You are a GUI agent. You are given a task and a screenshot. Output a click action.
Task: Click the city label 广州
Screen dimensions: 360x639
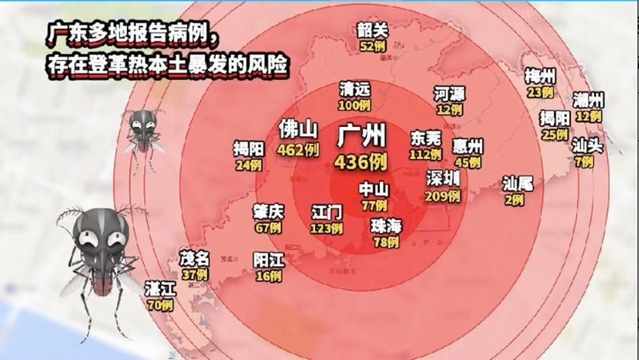(362, 137)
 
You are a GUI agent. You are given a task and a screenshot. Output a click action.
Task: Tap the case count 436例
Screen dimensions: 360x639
(362, 161)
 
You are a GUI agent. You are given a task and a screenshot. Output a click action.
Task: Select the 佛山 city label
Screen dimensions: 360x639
(298, 128)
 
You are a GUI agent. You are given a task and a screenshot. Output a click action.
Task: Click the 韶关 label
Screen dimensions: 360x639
(373, 30)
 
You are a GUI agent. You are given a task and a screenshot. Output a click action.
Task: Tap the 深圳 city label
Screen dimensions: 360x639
(443, 179)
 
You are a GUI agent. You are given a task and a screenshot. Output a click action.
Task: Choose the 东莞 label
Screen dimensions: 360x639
(427, 138)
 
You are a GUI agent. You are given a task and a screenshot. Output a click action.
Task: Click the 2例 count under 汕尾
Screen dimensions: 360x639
(514, 200)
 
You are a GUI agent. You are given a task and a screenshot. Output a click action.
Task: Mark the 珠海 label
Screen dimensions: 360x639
(385, 226)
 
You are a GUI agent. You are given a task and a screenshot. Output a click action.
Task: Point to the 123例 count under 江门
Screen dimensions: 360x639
(327, 228)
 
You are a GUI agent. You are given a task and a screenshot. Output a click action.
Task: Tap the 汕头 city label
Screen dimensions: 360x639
(588, 145)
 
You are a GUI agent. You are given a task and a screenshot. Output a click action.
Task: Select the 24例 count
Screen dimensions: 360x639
(249, 164)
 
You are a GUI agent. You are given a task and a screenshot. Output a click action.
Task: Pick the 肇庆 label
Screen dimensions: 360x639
(268, 211)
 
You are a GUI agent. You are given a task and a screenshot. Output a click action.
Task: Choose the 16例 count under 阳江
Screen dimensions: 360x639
(268, 277)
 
